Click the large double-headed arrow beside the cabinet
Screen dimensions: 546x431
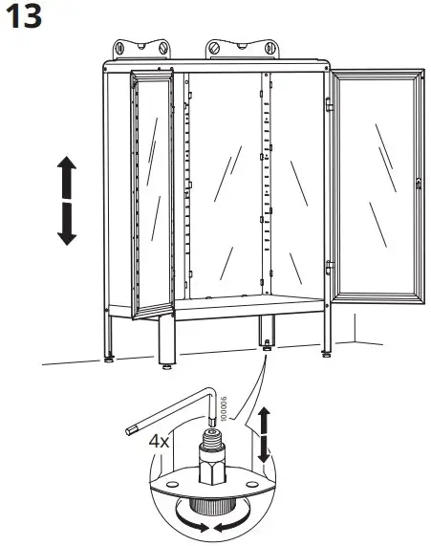pos(65,202)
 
